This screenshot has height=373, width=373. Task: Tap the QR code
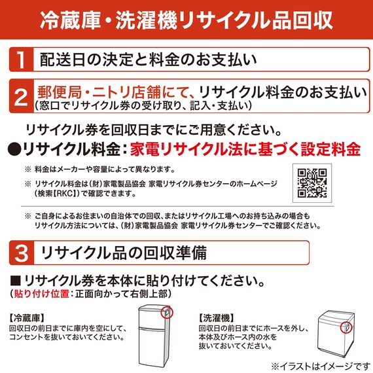pos(312,184)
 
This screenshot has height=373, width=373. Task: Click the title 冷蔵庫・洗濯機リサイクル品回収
pos(186,19)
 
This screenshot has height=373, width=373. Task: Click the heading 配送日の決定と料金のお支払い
pos(144,61)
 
